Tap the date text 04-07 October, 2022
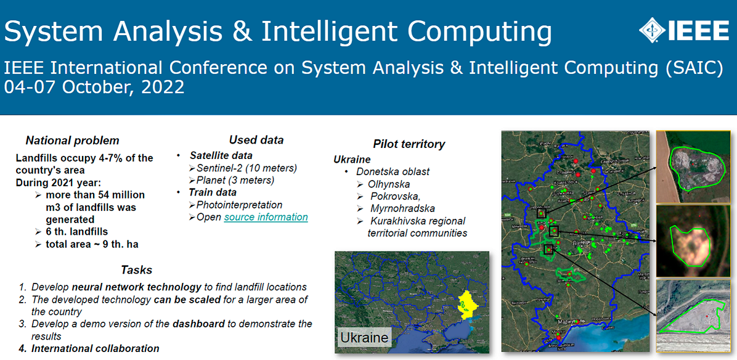click(94, 87)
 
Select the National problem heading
click(73, 141)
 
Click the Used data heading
click(256, 140)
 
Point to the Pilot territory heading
click(409, 144)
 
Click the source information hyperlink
click(266, 217)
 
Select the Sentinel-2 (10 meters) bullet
click(246, 168)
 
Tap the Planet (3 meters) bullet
click(235, 180)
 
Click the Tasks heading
click(136, 270)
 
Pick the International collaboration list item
click(96, 348)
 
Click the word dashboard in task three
click(198, 324)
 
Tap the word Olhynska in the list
click(388, 184)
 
